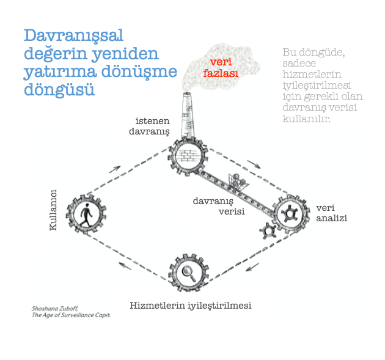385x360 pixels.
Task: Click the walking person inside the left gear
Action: click(86, 215)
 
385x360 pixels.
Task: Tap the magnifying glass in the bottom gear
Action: click(189, 273)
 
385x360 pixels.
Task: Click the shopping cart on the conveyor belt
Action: click(237, 181)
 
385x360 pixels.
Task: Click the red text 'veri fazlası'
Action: click(221, 67)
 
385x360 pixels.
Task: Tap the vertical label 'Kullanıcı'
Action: click(53, 210)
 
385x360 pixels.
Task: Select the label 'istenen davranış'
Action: click(149, 127)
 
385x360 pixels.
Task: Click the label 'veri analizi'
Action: click(331, 213)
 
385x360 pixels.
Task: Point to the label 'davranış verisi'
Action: click(219, 206)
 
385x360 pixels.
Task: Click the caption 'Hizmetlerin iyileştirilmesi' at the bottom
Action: click(191, 306)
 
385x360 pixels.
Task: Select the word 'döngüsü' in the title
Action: click(59, 90)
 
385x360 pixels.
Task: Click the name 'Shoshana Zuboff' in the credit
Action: click(55, 309)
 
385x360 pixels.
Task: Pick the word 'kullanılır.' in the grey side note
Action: click(306, 119)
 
